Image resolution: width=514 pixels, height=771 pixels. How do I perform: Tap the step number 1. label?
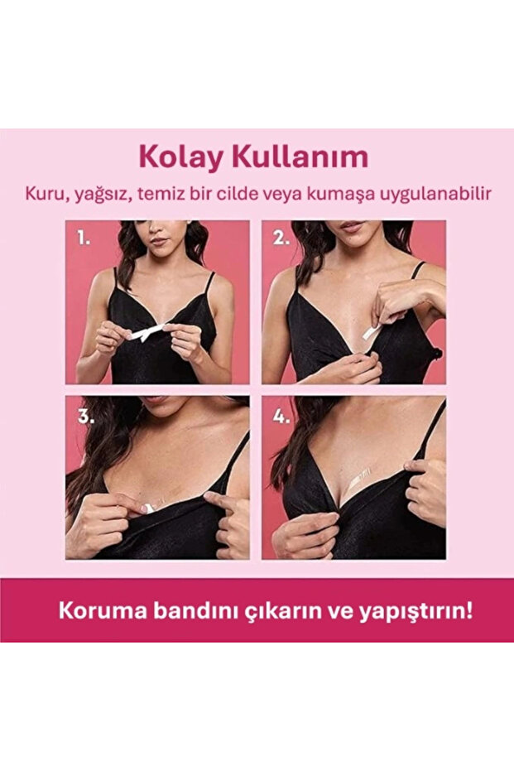coord(84,239)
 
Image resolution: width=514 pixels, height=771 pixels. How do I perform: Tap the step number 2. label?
coord(282,239)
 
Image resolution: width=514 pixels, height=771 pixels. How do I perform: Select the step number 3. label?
coord(84,417)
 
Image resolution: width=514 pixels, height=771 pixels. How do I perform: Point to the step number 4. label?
coord(282,417)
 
